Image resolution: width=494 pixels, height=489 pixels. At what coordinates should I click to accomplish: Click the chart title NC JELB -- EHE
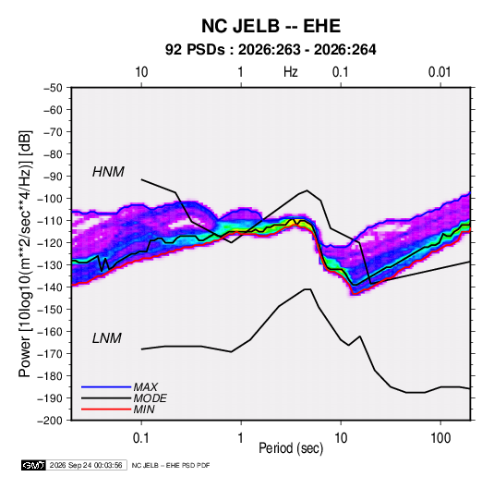point(271,26)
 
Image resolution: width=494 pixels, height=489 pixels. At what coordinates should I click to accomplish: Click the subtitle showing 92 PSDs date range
point(271,50)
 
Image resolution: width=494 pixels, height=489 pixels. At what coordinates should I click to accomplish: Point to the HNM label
point(108,172)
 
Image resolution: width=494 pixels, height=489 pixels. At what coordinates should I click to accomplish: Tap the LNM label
point(107,338)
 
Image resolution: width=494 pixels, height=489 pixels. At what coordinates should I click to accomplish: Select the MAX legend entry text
point(146,387)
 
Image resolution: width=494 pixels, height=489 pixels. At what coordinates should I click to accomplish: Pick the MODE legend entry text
point(150,398)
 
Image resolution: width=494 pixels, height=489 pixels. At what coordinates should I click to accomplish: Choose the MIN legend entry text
point(144,410)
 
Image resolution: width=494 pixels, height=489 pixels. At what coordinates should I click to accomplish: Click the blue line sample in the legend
point(106,386)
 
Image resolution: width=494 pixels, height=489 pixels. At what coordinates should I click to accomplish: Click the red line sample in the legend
point(106,410)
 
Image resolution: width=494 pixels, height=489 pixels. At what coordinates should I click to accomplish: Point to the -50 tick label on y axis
point(53,88)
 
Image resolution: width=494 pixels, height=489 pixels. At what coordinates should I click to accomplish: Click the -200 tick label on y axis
point(50,421)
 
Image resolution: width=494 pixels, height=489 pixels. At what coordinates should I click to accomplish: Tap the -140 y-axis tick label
point(50,287)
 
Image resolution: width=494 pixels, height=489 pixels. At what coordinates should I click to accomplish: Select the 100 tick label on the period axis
point(440,437)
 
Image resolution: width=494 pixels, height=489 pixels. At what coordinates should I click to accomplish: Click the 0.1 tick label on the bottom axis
point(141,437)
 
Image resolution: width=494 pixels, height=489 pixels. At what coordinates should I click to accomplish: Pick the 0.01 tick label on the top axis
point(440,72)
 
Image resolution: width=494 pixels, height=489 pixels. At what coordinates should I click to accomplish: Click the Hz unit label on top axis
point(291,72)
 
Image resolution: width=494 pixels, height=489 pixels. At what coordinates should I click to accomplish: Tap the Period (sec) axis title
point(291,448)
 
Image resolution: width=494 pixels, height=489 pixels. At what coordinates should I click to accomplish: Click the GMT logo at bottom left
point(34,465)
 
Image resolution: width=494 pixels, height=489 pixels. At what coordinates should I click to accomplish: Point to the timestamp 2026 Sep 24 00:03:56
point(86,465)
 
